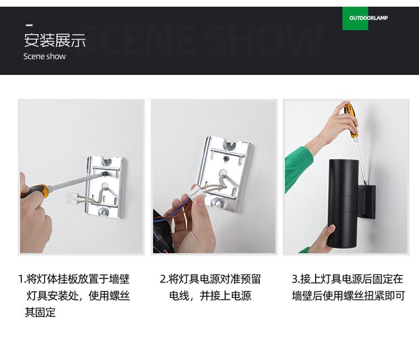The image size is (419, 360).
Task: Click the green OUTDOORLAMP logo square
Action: [355, 18]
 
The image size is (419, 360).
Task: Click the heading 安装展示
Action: [55, 40]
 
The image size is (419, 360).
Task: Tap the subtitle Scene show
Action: [45, 56]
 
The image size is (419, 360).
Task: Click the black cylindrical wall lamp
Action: [343, 203]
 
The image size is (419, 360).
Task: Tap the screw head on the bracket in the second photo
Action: [226, 159]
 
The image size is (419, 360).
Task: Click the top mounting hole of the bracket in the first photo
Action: [107, 161]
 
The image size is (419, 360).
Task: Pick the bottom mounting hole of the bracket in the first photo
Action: [104, 212]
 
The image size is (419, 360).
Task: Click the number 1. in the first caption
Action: [22, 279]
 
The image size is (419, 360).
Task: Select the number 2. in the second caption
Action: [163, 279]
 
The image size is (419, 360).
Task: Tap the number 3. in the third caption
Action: [295, 279]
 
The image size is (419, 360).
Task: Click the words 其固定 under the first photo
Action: [40, 312]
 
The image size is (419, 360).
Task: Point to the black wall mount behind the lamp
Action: [367, 201]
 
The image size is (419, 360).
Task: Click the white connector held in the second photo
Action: [198, 192]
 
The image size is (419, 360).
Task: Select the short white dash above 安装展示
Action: [29, 25]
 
